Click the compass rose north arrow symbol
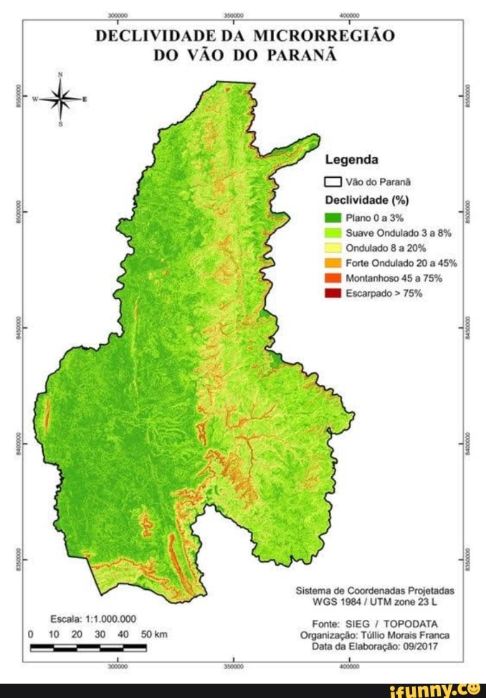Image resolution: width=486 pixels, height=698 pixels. tap(61, 100)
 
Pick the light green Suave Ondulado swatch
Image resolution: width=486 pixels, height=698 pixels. tap(332, 233)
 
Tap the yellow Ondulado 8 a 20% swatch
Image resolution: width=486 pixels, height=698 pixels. tap(332, 248)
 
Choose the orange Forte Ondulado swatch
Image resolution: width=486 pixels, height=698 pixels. tap(332, 263)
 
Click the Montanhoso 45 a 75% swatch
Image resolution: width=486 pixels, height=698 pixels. tap(332, 278)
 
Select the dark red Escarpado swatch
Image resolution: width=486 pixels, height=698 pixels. tap(332, 293)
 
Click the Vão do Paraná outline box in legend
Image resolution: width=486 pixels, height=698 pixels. tap(332, 182)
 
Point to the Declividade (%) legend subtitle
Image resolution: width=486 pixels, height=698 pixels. tap(366, 200)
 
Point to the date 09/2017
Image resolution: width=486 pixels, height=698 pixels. tap(420, 646)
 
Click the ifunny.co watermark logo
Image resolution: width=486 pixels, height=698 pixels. tap(439, 689)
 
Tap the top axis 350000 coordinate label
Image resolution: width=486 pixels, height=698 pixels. tap(234, 14)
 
